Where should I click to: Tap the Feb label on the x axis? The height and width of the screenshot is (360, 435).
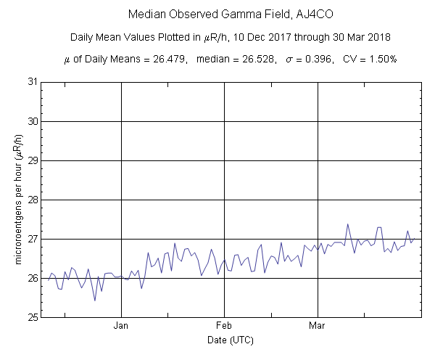pos(223,326)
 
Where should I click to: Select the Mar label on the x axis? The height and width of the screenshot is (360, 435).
pos(317,326)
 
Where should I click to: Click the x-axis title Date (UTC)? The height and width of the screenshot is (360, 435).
pos(229,340)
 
